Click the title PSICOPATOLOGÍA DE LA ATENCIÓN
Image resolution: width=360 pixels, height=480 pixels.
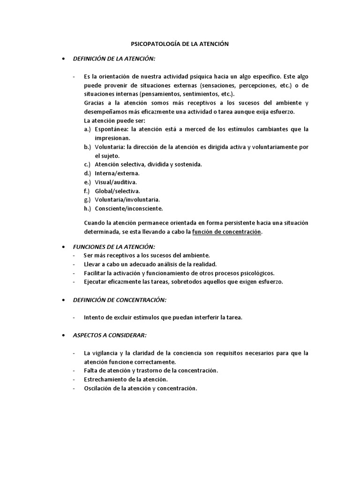tap(180, 44)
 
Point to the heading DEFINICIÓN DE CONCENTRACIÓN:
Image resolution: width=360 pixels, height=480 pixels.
tap(120, 300)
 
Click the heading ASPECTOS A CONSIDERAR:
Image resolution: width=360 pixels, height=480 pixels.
tap(110, 335)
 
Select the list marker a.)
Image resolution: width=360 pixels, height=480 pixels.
tap(88, 129)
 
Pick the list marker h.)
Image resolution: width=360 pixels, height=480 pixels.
tap(88, 209)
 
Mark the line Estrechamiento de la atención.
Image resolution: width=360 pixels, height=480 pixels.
tap(125, 379)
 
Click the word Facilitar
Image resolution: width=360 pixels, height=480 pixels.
tap(95, 273)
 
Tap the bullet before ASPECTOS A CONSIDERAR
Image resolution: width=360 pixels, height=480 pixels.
tap(64, 335)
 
